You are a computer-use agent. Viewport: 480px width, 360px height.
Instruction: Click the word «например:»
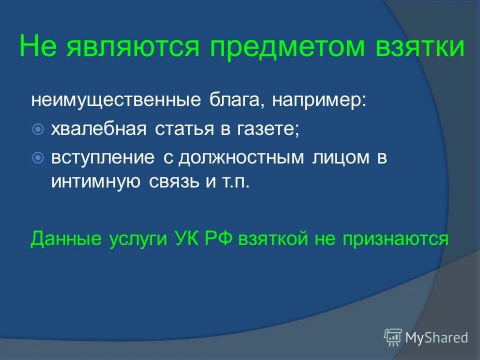click(319, 100)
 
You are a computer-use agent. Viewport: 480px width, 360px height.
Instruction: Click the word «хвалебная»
click(98, 129)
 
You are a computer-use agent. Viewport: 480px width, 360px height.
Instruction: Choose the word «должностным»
click(241, 158)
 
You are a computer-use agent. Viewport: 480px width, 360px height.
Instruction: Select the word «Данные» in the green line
click(65, 239)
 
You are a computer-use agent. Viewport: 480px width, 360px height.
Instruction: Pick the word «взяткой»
click(272, 239)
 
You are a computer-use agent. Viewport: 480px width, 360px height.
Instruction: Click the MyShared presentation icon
click(393, 337)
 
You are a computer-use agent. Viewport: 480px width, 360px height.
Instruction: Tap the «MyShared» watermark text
click(436, 337)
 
